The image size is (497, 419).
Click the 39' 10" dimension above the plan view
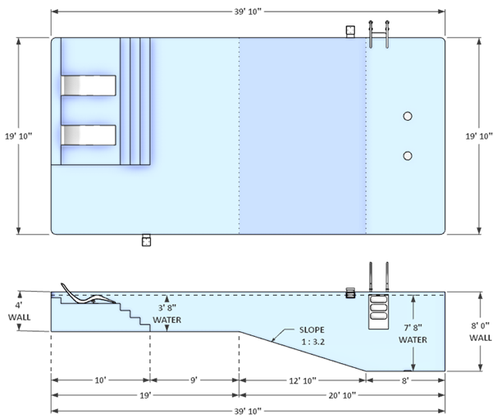coord(248,12)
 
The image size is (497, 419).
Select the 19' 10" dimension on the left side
coord(18,136)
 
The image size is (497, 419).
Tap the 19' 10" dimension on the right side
coord(479,136)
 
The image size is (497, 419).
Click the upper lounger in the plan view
coord(89,85)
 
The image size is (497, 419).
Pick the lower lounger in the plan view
coord(89,134)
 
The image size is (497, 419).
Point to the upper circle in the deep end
coord(408,117)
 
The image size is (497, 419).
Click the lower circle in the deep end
coord(408,155)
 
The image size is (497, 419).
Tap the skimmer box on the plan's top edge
coord(350,30)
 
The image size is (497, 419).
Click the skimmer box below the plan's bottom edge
coord(146,241)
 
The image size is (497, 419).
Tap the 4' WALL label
coord(18,311)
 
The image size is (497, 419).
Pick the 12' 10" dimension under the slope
coord(302,380)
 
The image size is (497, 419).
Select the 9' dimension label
coord(194,380)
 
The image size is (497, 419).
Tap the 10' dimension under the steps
coord(100,380)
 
